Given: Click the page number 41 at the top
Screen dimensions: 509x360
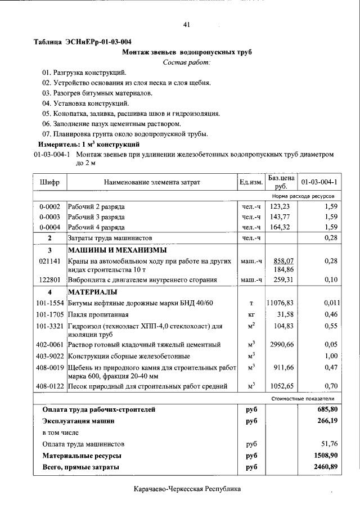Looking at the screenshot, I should click(187, 24).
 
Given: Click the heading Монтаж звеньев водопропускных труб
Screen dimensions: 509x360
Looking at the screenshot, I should click(187, 52).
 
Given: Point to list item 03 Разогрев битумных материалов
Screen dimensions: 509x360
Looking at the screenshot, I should click(98, 93).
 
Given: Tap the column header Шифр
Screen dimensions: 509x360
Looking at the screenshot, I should click(50, 182).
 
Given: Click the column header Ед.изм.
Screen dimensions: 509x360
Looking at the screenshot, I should click(251, 182).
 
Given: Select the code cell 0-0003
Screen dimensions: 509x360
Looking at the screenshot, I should click(50, 217).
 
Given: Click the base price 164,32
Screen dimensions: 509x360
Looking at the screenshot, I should click(280, 227).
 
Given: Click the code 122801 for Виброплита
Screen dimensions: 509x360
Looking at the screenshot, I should click(50, 280).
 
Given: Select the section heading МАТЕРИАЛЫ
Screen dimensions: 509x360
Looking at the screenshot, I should click(93, 292).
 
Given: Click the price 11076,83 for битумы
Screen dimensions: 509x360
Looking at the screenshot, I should click(280, 303).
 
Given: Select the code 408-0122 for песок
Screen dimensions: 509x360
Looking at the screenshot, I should click(50, 386).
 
